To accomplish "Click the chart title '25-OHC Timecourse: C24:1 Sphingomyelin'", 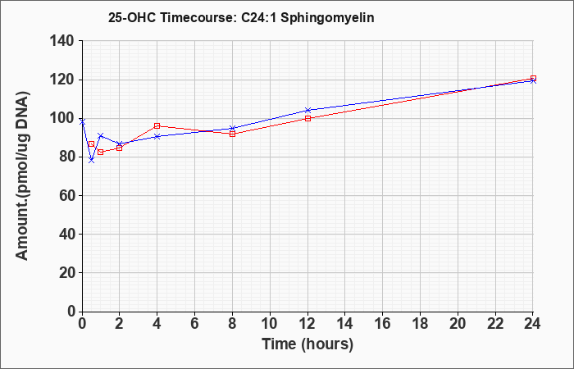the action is click(241, 17).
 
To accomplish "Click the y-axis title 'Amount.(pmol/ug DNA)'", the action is click(22, 175).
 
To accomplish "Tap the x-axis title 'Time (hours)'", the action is click(307, 344).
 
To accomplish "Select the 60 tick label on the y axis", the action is click(67, 195).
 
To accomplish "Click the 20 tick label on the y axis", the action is click(67, 273).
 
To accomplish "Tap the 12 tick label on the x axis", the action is click(307, 324).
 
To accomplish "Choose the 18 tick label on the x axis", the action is click(420, 324).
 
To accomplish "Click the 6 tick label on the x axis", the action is click(195, 324).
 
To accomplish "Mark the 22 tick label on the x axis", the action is click(495, 324).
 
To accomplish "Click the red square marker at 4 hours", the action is click(157, 126).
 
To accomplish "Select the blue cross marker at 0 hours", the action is click(82, 121).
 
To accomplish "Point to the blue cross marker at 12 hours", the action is click(307, 110).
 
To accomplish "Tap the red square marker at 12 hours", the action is click(307, 118).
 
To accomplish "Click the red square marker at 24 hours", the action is click(533, 79).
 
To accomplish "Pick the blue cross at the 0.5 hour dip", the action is click(92, 161).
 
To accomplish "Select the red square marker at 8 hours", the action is click(232, 134).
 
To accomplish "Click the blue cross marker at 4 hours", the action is click(157, 136).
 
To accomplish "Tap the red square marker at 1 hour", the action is click(101, 152).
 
